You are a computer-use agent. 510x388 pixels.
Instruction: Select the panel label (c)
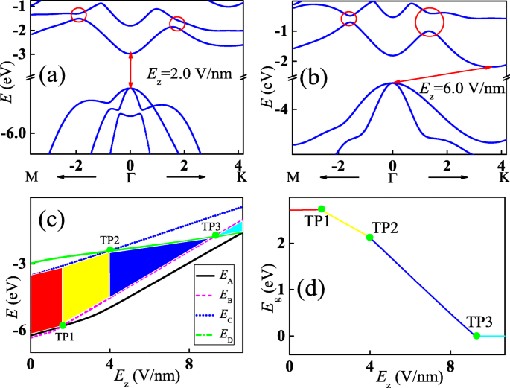[57, 220]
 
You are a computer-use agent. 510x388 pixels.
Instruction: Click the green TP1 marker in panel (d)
[322, 209]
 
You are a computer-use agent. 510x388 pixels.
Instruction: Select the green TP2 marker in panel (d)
[370, 237]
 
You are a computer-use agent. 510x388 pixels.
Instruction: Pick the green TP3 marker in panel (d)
[476, 336]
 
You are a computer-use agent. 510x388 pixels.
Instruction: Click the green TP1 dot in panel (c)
[63, 325]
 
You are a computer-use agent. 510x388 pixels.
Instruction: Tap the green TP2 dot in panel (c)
[109, 250]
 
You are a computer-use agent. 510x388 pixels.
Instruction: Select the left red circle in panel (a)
[78, 14]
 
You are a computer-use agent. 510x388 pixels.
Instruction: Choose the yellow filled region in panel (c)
[86, 287]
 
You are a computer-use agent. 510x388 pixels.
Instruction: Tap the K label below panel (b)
[503, 178]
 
